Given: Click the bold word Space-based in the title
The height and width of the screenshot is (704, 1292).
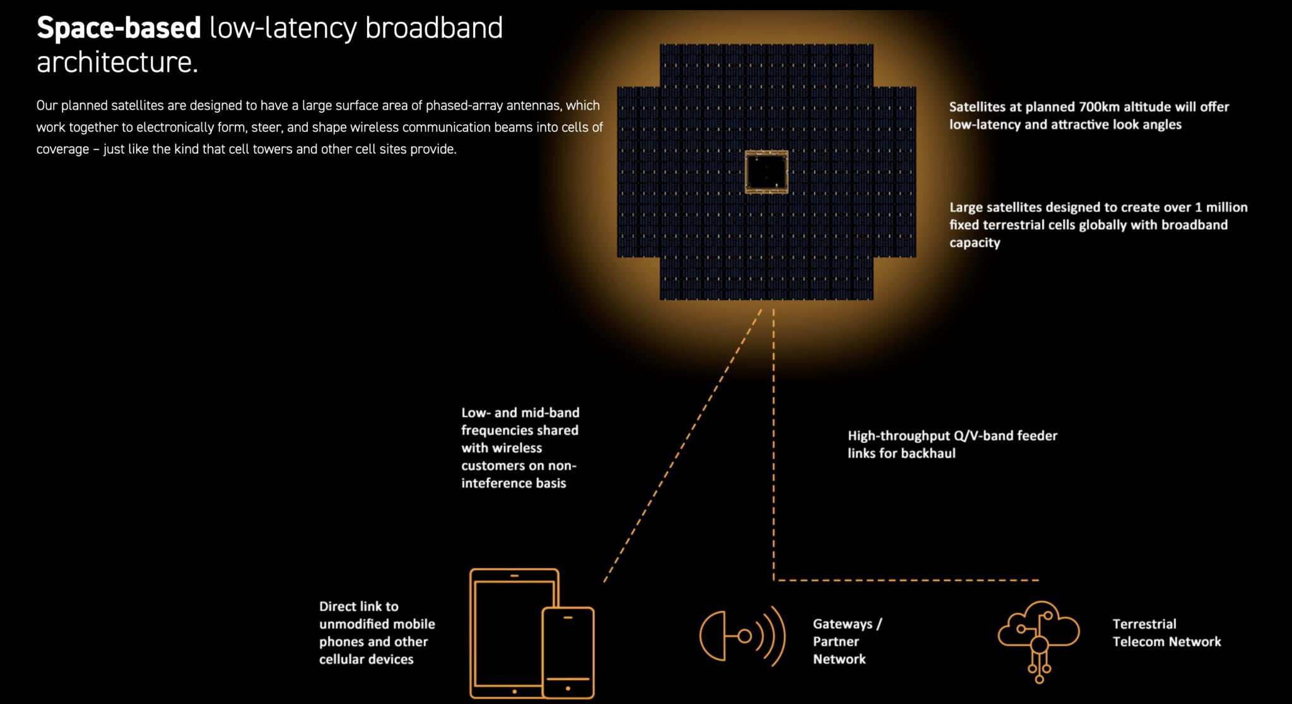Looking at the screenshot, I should click(x=119, y=28).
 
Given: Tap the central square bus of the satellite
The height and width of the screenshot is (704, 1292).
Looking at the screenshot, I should click(x=766, y=171).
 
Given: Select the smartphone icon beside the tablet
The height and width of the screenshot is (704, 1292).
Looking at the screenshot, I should click(x=568, y=652).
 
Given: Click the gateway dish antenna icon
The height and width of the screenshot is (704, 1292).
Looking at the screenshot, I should click(x=742, y=636).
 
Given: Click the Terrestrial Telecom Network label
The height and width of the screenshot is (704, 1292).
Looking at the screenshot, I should click(x=1166, y=633).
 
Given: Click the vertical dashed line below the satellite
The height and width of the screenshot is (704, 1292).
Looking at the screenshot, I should click(x=773, y=441).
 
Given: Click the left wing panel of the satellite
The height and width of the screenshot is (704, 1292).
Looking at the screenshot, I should click(x=638, y=171).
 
